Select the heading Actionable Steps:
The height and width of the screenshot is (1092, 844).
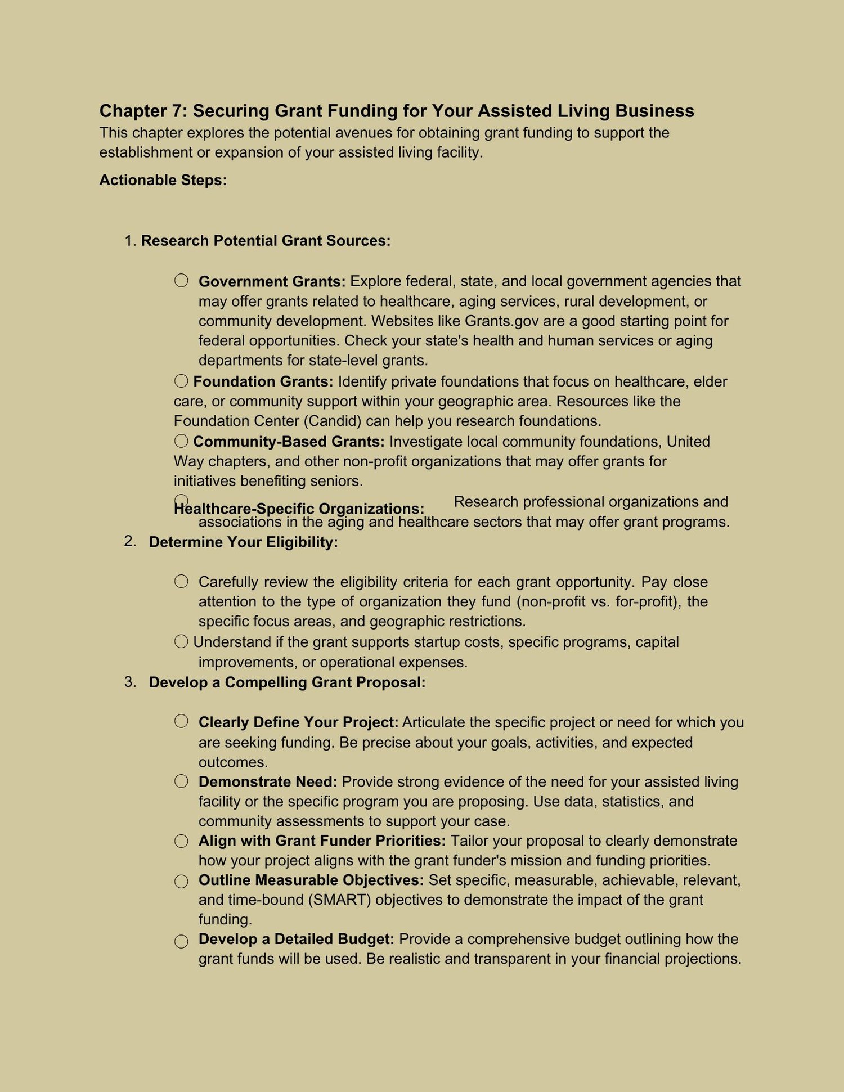(163, 180)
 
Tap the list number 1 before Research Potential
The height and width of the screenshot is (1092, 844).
(129, 241)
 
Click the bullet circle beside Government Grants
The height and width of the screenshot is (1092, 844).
(181, 280)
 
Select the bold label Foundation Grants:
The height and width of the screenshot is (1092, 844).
(263, 381)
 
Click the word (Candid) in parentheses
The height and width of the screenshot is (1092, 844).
(335, 421)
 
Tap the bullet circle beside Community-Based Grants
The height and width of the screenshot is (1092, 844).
(181, 441)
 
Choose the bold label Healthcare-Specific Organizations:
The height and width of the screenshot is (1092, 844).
(299, 509)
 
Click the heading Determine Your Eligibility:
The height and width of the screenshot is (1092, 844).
(243, 542)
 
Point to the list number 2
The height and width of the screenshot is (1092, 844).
(129, 541)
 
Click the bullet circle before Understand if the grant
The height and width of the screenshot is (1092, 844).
(181, 641)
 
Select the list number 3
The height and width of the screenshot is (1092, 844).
(129, 682)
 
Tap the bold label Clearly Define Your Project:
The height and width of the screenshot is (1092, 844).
(298, 722)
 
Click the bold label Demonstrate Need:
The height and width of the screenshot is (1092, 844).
(268, 781)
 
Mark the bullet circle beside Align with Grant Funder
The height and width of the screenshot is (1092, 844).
(181, 841)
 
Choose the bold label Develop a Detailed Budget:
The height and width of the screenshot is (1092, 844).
(296, 939)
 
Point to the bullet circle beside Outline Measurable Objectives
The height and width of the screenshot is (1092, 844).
(181, 881)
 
